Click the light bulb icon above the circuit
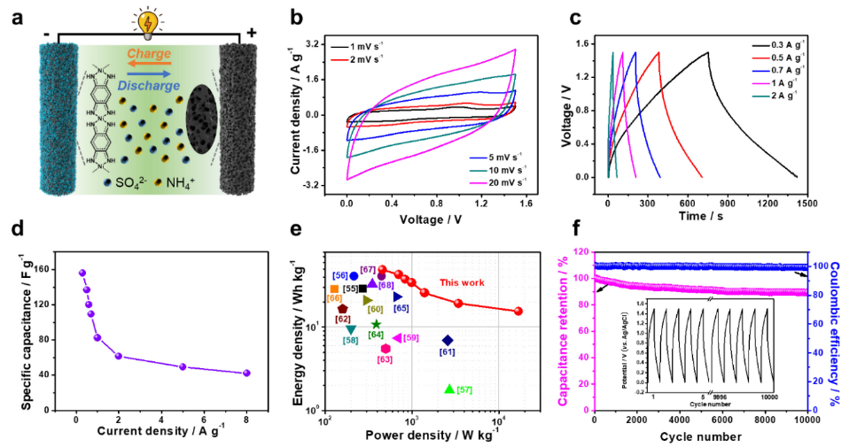(x=145, y=19)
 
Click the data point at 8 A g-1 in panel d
(x=246, y=373)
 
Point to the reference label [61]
(x=447, y=352)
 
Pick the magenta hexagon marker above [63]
(x=386, y=349)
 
